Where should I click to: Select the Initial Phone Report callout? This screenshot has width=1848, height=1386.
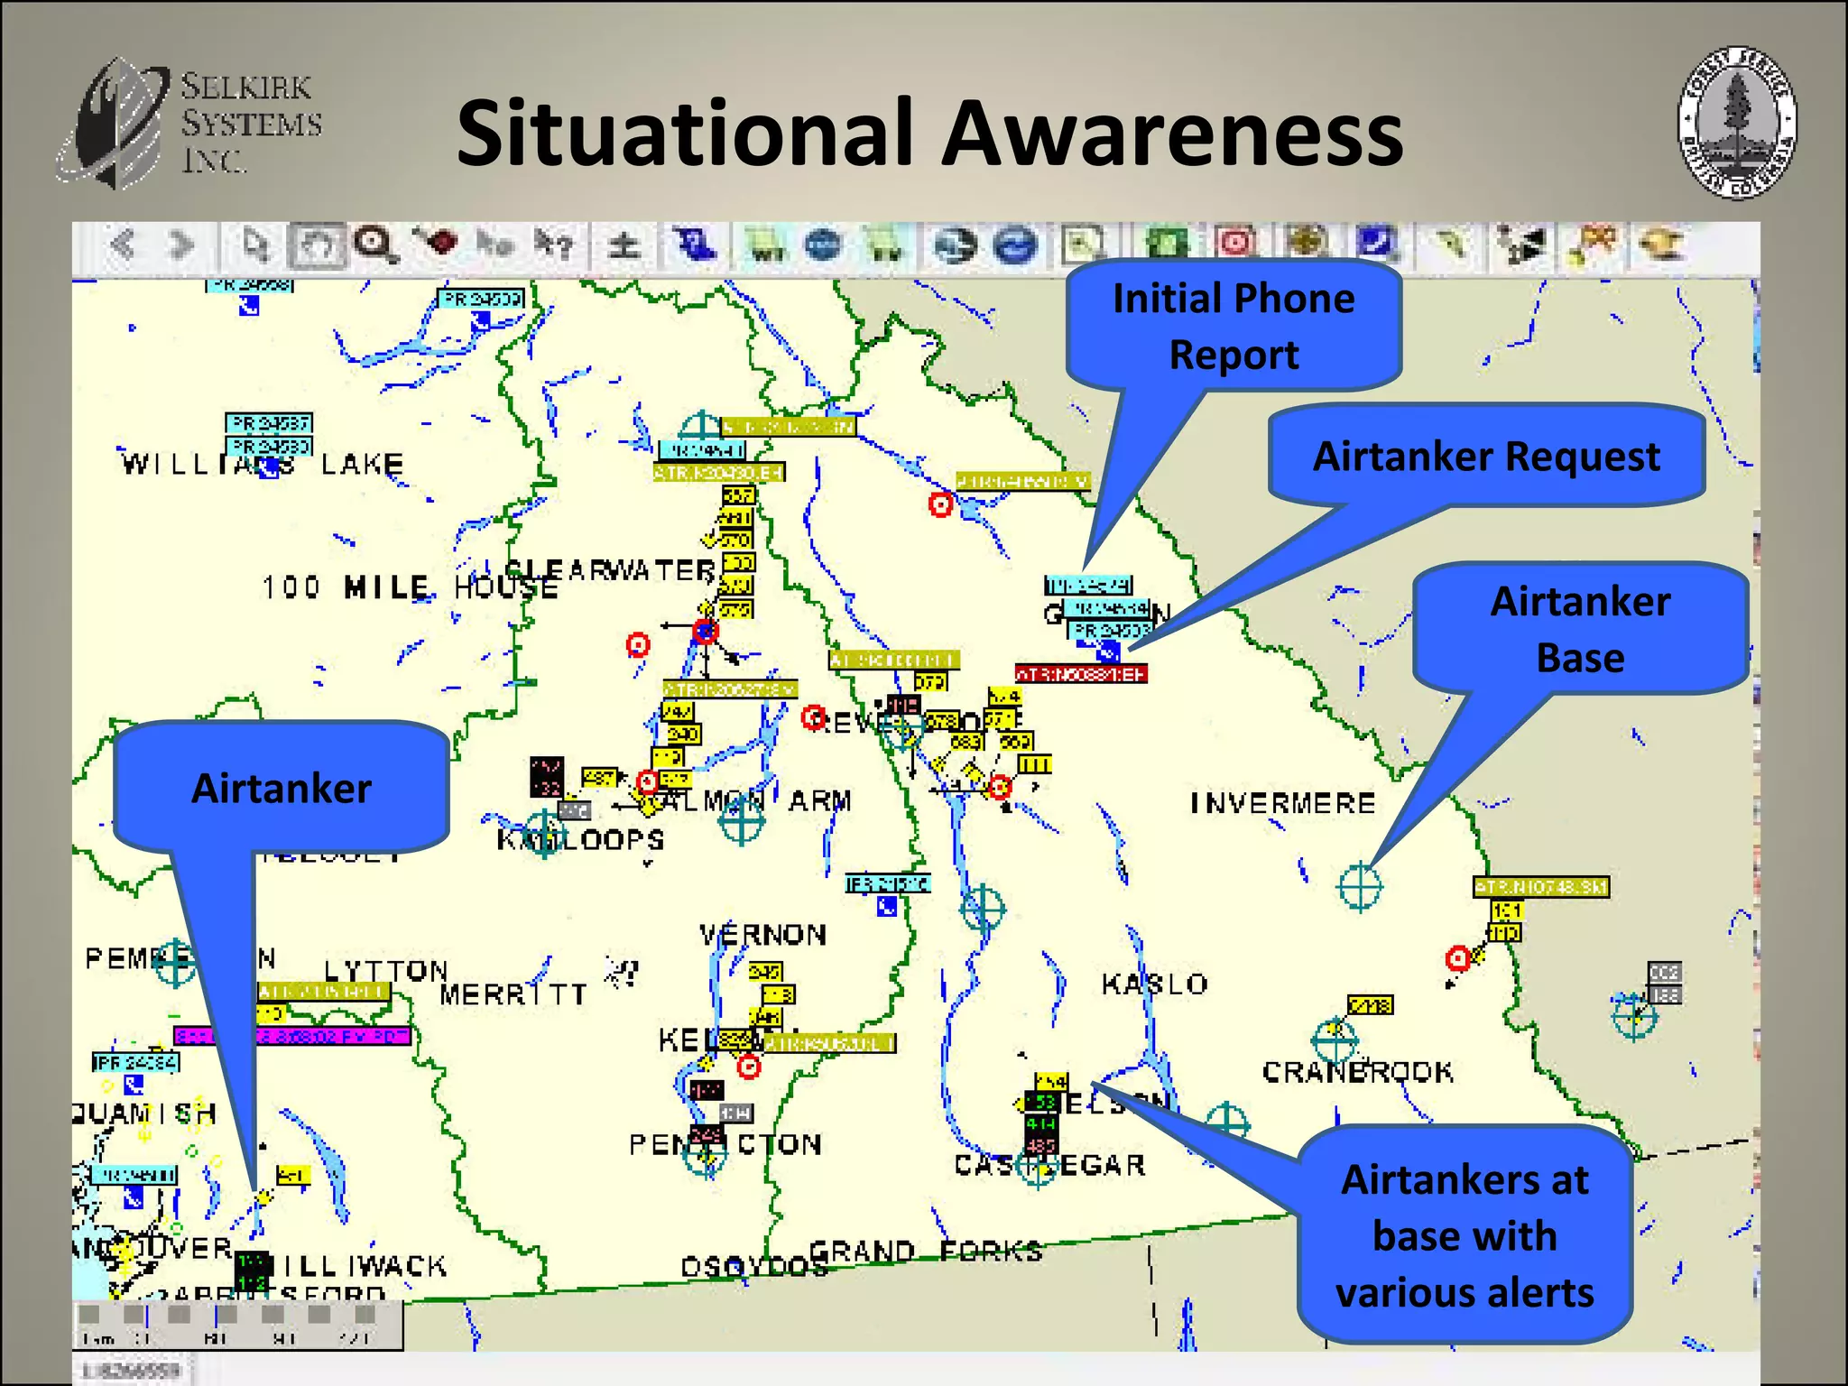(1234, 326)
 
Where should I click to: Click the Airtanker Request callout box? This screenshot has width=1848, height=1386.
(1486, 457)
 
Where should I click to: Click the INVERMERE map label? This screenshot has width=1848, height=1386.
(1283, 803)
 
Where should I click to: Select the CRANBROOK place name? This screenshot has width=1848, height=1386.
(1357, 1072)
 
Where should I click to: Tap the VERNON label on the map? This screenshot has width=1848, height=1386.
(763, 935)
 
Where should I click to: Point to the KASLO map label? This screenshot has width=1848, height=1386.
(1154, 984)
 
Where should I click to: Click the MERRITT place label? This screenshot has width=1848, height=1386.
(513, 994)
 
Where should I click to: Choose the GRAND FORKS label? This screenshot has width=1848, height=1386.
(926, 1252)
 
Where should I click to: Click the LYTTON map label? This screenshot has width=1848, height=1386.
(386, 971)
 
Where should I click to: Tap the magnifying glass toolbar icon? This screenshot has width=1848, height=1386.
(374, 245)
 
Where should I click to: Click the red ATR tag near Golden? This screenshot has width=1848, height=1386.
(1081, 674)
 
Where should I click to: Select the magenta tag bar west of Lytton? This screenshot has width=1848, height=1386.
(292, 1036)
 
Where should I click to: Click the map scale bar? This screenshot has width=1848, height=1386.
(237, 1324)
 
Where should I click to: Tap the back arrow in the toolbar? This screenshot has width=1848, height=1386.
(124, 245)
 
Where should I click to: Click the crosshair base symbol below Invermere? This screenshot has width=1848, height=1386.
(1360, 887)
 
